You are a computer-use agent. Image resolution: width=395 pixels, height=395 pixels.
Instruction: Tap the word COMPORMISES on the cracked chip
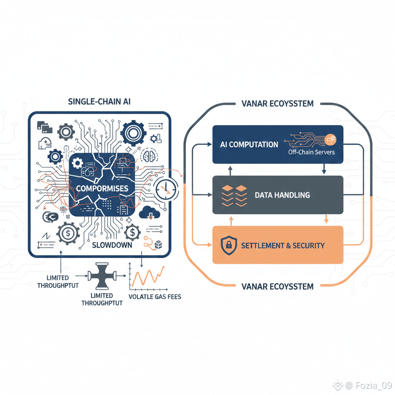point(102,189)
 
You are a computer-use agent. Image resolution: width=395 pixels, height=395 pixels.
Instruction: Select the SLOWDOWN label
point(112,245)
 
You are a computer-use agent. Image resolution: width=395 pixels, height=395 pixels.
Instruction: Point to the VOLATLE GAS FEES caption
point(154,297)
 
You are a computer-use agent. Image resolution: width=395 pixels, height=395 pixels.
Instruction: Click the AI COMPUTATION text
point(249,145)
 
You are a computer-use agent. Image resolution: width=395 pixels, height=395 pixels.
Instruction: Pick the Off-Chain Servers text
point(311,152)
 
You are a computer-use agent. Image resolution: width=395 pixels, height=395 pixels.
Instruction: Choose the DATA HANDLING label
point(282,195)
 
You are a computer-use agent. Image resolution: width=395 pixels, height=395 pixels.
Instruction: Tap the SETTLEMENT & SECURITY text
point(283,245)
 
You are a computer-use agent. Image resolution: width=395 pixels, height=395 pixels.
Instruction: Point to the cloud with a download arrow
point(149,213)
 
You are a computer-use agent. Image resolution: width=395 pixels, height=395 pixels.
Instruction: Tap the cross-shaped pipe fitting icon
point(102,276)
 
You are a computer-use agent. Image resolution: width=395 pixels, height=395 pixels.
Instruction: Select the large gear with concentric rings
point(133,133)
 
